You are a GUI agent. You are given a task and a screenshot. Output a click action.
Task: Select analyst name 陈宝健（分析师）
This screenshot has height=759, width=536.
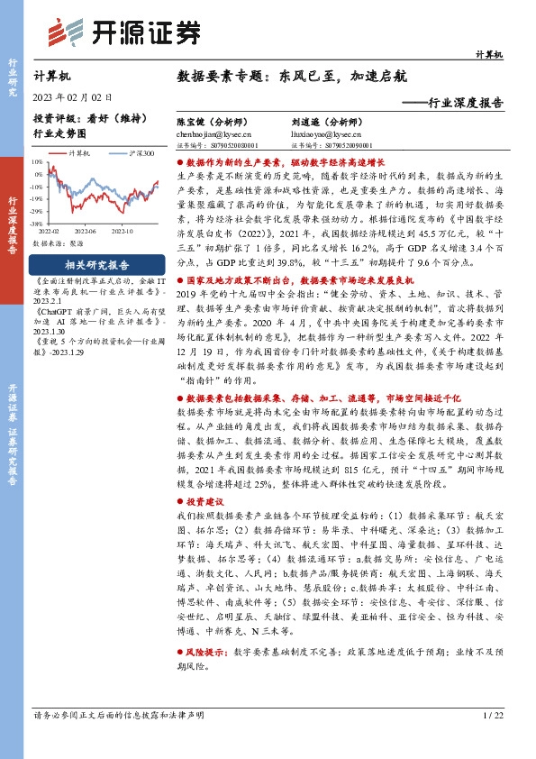tap(212, 121)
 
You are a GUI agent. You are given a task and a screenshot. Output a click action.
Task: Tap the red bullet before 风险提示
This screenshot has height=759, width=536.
tap(180, 675)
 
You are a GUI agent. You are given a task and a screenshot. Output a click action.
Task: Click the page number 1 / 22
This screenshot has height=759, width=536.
tap(492, 741)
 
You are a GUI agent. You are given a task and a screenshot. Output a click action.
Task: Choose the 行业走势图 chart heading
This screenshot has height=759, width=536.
tap(59, 134)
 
